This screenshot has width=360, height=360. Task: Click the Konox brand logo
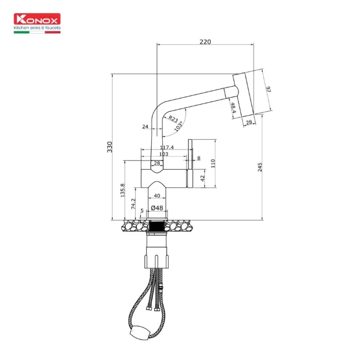tap(37, 19)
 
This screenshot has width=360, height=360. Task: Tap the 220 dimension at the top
tap(205, 42)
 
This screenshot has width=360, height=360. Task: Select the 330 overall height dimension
tap(109, 147)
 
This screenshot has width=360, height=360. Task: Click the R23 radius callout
tap(172, 119)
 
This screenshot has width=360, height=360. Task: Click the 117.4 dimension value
tap(166, 147)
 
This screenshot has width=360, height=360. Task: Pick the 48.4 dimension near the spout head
tap(233, 108)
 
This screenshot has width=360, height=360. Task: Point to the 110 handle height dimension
tap(213, 162)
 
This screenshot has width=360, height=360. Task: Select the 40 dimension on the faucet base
tap(157, 196)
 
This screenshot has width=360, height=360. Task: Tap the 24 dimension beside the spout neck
tap(145, 127)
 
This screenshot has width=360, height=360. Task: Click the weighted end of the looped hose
tap(137, 334)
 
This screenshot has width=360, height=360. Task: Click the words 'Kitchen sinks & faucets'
tap(37, 28)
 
